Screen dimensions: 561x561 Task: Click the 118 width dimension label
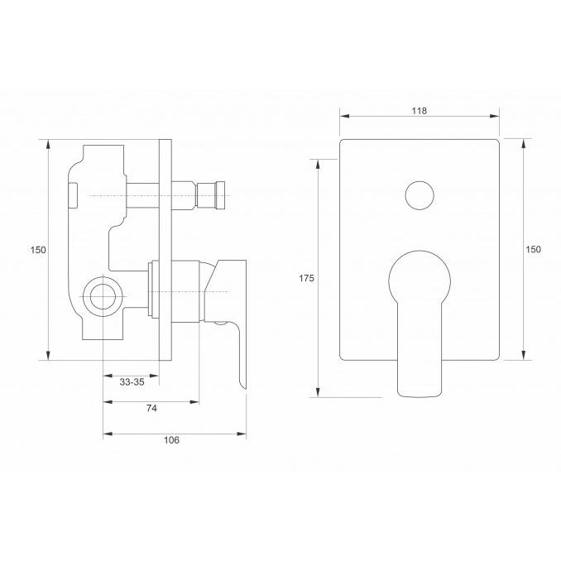click(x=419, y=111)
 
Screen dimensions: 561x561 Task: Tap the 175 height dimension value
click(x=307, y=278)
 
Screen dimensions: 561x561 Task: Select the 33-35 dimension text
click(x=132, y=382)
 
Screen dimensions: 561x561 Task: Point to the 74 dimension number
click(x=151, y=408)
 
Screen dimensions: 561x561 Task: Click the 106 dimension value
click(x=171, y=440)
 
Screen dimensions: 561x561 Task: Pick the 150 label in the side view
click(x=38, y=250)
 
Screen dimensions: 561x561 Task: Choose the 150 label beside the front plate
click(x=533, y=249)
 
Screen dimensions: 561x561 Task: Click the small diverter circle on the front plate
click(x=420, y=195)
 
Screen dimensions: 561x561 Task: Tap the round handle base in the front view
click(x=420, y=279)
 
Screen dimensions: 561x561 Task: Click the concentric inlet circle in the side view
click(x=103, y=296)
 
